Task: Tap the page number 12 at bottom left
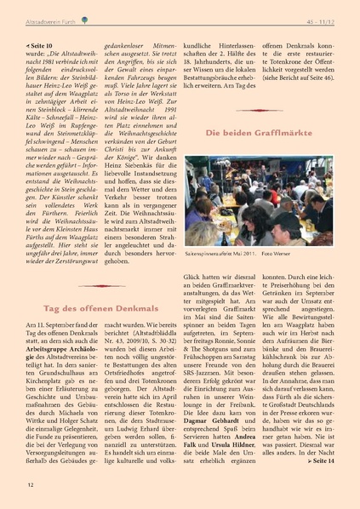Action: tap(30, 484)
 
